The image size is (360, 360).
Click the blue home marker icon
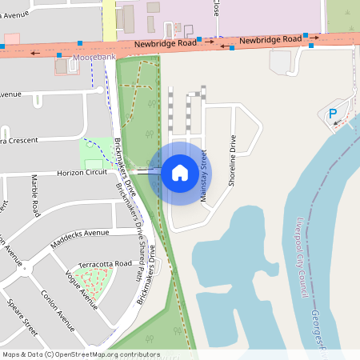[x=180, y=172]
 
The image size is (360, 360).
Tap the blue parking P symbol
[x=333, y=114]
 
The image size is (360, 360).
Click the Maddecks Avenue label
[x=80, y=234]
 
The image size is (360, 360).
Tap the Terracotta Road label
[x=105, y=263]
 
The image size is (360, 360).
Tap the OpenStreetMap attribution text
[x=81, y=354]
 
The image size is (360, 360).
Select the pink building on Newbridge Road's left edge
[x=11, y=38]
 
